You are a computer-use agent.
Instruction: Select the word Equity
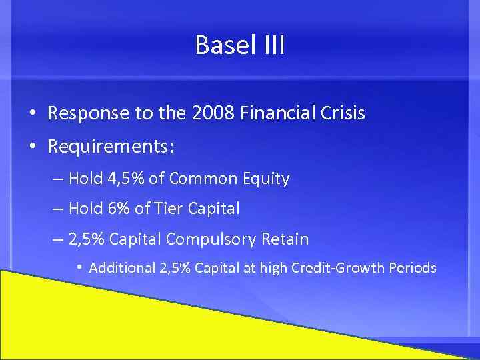click(267, 179)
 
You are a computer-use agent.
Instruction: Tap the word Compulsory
click(210, 239)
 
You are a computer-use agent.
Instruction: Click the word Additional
click(122, 268)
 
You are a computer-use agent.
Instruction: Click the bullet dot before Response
click(33, 114)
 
